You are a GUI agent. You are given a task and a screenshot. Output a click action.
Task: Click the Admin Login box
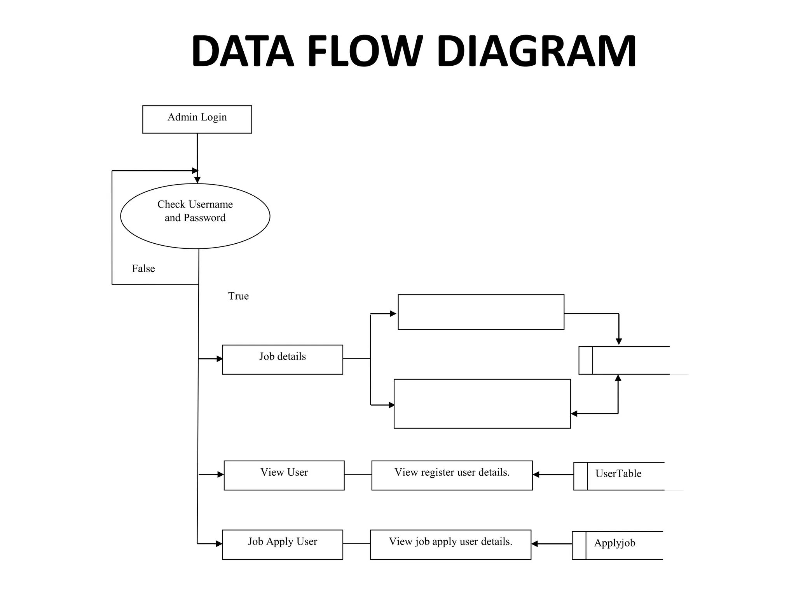click(197, 119)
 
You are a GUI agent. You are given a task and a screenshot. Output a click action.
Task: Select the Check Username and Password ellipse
click(195, 216)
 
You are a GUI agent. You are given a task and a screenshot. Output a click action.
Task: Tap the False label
click(143, 269)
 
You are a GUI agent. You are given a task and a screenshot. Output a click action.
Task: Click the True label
click(238, 296)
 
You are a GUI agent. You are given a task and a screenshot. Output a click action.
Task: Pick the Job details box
click(283, 360)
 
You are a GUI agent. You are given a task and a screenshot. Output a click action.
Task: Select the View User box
click(284, 475)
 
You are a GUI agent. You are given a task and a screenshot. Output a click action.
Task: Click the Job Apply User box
click(283, 545)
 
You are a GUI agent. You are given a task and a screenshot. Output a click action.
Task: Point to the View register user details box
click(452, 475)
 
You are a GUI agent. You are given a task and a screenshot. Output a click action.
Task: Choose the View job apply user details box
click(450, 545)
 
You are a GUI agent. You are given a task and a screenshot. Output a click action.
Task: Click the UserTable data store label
click(618, 474)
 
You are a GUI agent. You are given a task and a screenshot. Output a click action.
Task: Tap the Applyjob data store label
click(614, 543)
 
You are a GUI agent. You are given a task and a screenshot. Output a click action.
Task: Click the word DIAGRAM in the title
click(536, 52)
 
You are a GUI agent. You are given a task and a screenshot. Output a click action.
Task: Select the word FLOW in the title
click(365, 52)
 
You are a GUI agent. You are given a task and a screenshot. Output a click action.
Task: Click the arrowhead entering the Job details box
click(220, 359)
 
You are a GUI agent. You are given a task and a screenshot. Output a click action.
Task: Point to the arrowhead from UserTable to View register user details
click(536, 475)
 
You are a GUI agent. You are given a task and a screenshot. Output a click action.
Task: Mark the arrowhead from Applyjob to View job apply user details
click(534, 544)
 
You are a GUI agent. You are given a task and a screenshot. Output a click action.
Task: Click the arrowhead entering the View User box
click(221, 475)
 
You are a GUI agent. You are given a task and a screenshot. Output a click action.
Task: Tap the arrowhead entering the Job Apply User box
click(220, 544)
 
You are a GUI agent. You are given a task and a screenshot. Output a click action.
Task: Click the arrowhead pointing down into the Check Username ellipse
click(197, 180)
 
